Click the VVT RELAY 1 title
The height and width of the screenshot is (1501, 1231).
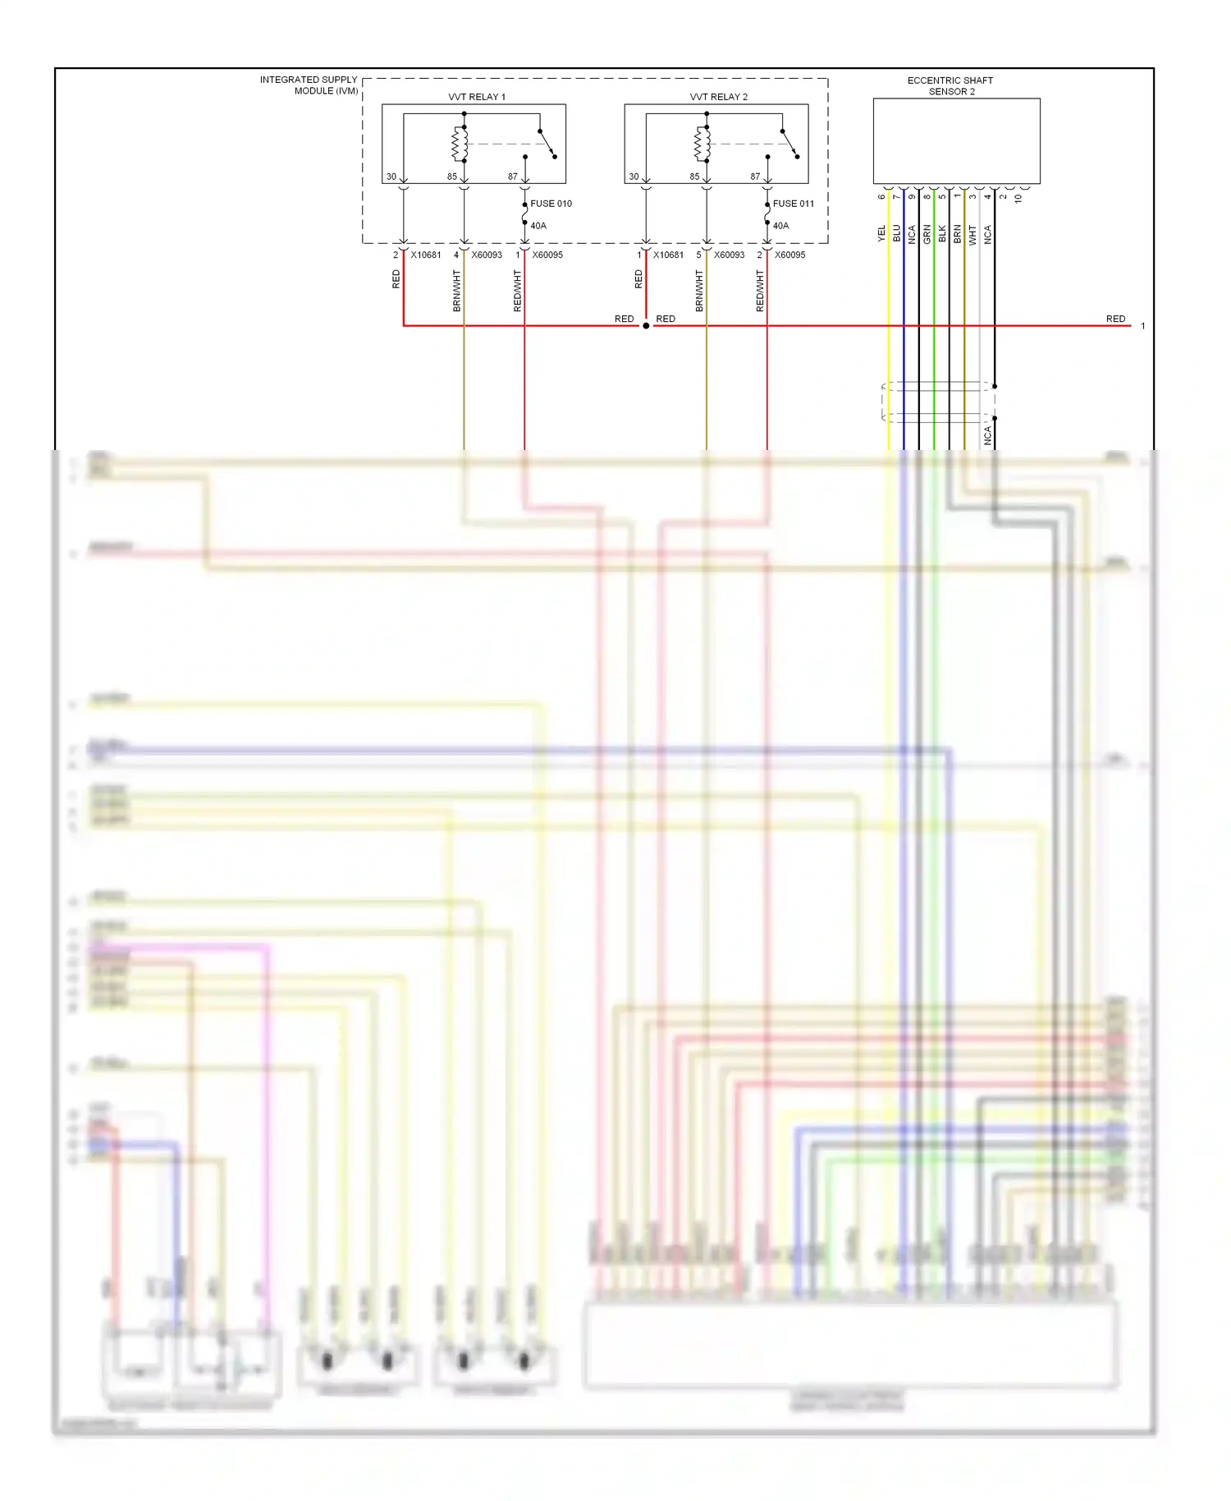pyautogui.click(x=476, y=97)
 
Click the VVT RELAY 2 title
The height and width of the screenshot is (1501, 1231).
pyautogui.click(x=718, y=97)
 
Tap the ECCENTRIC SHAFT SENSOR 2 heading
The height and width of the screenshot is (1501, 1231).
pyautogui.click(x=950, y=86)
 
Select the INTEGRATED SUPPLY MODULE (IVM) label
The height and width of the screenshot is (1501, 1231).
pyautogui.click(x=309, y=85)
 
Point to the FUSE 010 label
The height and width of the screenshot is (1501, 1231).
pyautogui.click(x=551, y=204)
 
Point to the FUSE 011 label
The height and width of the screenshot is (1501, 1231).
pyautogui.click(x=793, y=204)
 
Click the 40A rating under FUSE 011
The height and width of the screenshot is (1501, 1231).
pyautogui.click(x=780, y=226)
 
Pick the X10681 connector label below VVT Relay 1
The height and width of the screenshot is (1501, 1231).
pyautogui.click(x=426, y=255)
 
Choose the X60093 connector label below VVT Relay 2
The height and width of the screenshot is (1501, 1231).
pyautogui.click(x=729, y=255)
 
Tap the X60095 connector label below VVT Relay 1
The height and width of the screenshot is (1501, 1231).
pyautogui.click(x=547, y=255)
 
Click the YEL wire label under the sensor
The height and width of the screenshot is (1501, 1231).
pyautogui.click(x=882, y=234)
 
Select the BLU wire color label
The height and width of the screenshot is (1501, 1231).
pyautogui.click(x=897, y=234)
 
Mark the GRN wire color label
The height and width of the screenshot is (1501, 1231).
pyautogui.click(x=927, y=234)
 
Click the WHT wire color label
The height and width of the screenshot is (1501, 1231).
pyautogui.click(x=972, y=235)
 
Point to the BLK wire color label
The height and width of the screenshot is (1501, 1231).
pyautogui.click(x=942, y=234)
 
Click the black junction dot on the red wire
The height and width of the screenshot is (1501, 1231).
pyautogui.click(x=646, y=326)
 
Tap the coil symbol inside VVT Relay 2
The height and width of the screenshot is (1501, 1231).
pyautogui.click(x=702, y=144)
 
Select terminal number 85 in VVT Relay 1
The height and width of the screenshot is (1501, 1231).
pyautogui.click(x=451, y=177)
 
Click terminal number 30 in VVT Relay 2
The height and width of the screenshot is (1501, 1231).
pyautogui.click(x=634, y=177)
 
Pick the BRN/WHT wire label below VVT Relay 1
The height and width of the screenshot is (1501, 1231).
pyautogui.click(x=457, y=291)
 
